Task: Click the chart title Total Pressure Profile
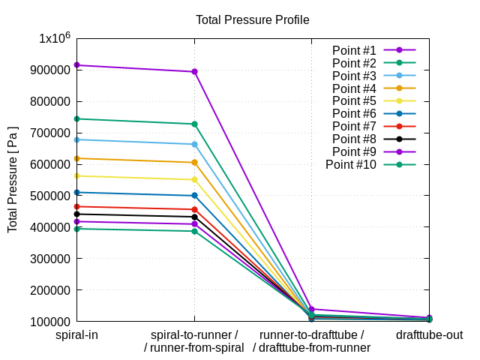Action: [252, 19]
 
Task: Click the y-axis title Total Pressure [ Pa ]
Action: [13, 178]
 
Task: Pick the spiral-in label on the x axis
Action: [76, 334]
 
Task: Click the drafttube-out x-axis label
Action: [429, 334]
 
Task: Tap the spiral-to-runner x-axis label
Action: [194, 334]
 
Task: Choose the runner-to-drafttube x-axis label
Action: [311, 334]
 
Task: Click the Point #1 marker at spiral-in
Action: [77, 65]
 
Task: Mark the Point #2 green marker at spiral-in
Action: [77, 118]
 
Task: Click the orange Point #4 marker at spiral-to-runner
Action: [194, 162]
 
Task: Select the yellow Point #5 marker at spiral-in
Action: [77, 175]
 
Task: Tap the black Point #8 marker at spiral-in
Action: [77, 214]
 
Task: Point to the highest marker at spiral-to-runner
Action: [194, 72]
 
